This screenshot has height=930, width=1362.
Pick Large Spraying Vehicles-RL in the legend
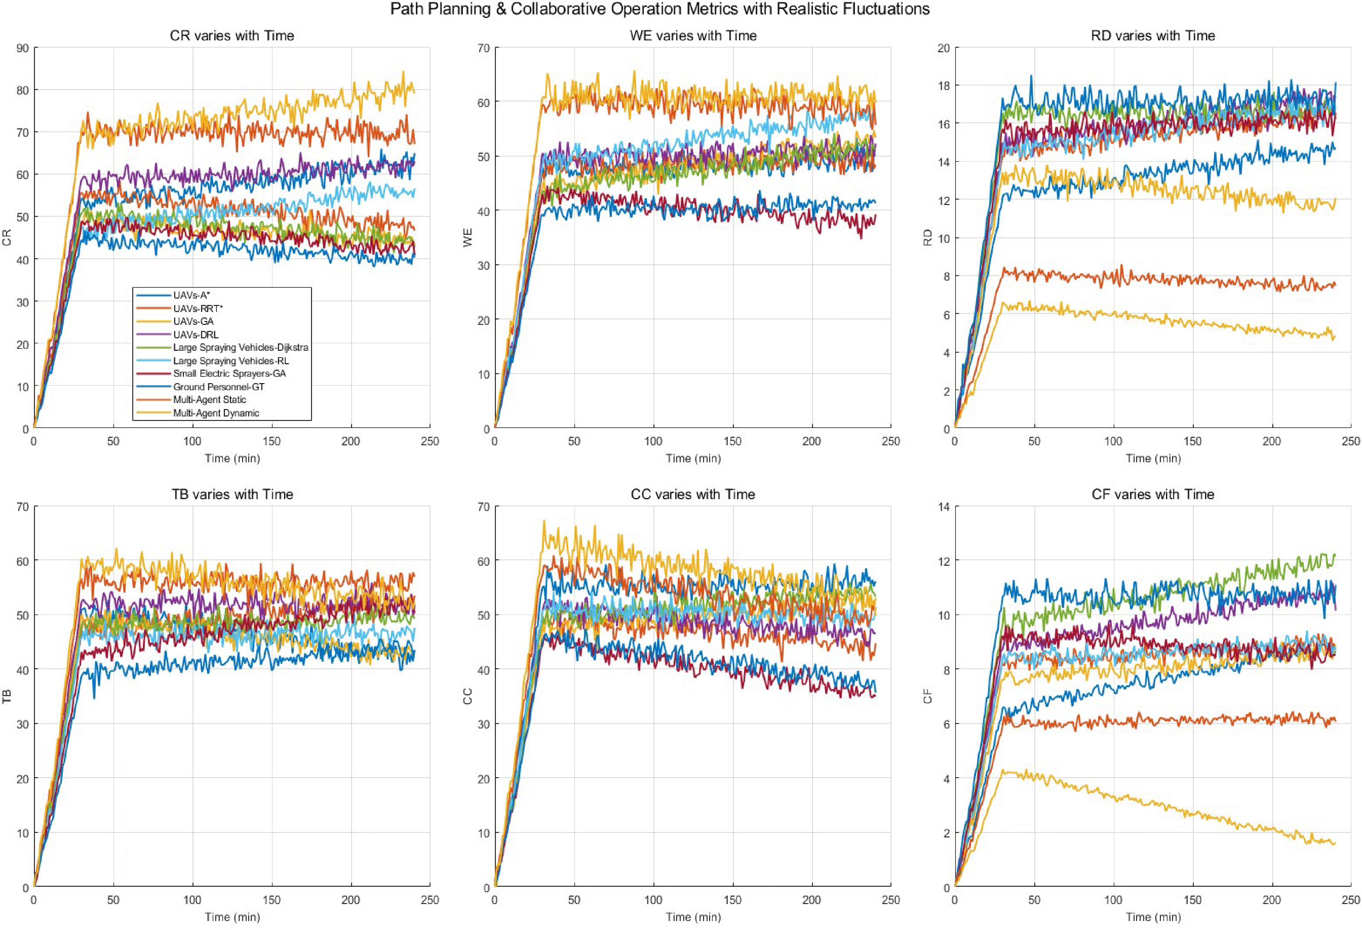(231, 361)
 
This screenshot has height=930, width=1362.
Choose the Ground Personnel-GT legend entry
(218, 387)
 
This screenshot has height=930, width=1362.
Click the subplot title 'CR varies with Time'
(232, 36)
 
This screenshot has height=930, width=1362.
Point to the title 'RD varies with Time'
(1153, 36)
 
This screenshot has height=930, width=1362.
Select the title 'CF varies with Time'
(1153, 495)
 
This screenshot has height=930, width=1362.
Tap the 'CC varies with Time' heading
(693, 495)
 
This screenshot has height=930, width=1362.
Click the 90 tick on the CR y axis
(23, 48)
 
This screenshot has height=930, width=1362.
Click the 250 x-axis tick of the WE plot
(891, 441)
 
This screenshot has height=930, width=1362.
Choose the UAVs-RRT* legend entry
(198, 308)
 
